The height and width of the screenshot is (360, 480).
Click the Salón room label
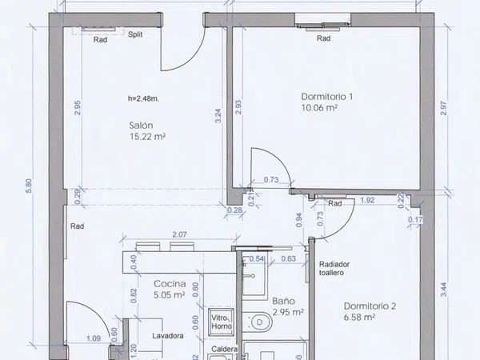[x=141, y=126]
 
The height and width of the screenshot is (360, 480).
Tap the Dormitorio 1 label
[x=327, y=97]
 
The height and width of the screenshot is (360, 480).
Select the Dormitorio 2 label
[x=370, y=306]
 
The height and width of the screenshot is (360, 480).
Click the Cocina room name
[x=170, y=284]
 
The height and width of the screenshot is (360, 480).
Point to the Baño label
[x=283, y=301]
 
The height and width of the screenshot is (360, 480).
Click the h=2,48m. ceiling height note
[x=143, y=98]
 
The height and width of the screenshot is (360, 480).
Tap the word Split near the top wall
[x=135, y=34]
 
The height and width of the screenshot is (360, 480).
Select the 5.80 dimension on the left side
[x=29, y=186]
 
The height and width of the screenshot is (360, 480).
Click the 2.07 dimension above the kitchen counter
[x=179, y=234]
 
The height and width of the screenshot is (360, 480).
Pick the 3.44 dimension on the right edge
[x=444, y=290]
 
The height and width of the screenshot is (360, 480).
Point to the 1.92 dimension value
[x=367, y=200]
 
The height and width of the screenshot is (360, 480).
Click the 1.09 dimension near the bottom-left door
[x=94, y=338]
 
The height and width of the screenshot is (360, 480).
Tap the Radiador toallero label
[x=334, y=269]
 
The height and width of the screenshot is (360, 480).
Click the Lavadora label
[x=168, y=336]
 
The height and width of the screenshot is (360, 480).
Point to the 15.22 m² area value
[x=147, y=137]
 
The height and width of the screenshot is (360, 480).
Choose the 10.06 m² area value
[x=319, y=108]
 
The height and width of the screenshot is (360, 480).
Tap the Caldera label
[x=224, y=349]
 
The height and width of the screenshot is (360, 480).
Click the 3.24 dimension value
[x=218, y=116]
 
